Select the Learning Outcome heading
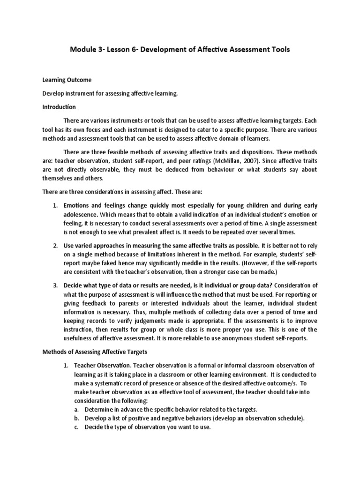71,80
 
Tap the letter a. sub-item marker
77,410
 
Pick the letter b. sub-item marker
77,418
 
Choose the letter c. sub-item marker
77,427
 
